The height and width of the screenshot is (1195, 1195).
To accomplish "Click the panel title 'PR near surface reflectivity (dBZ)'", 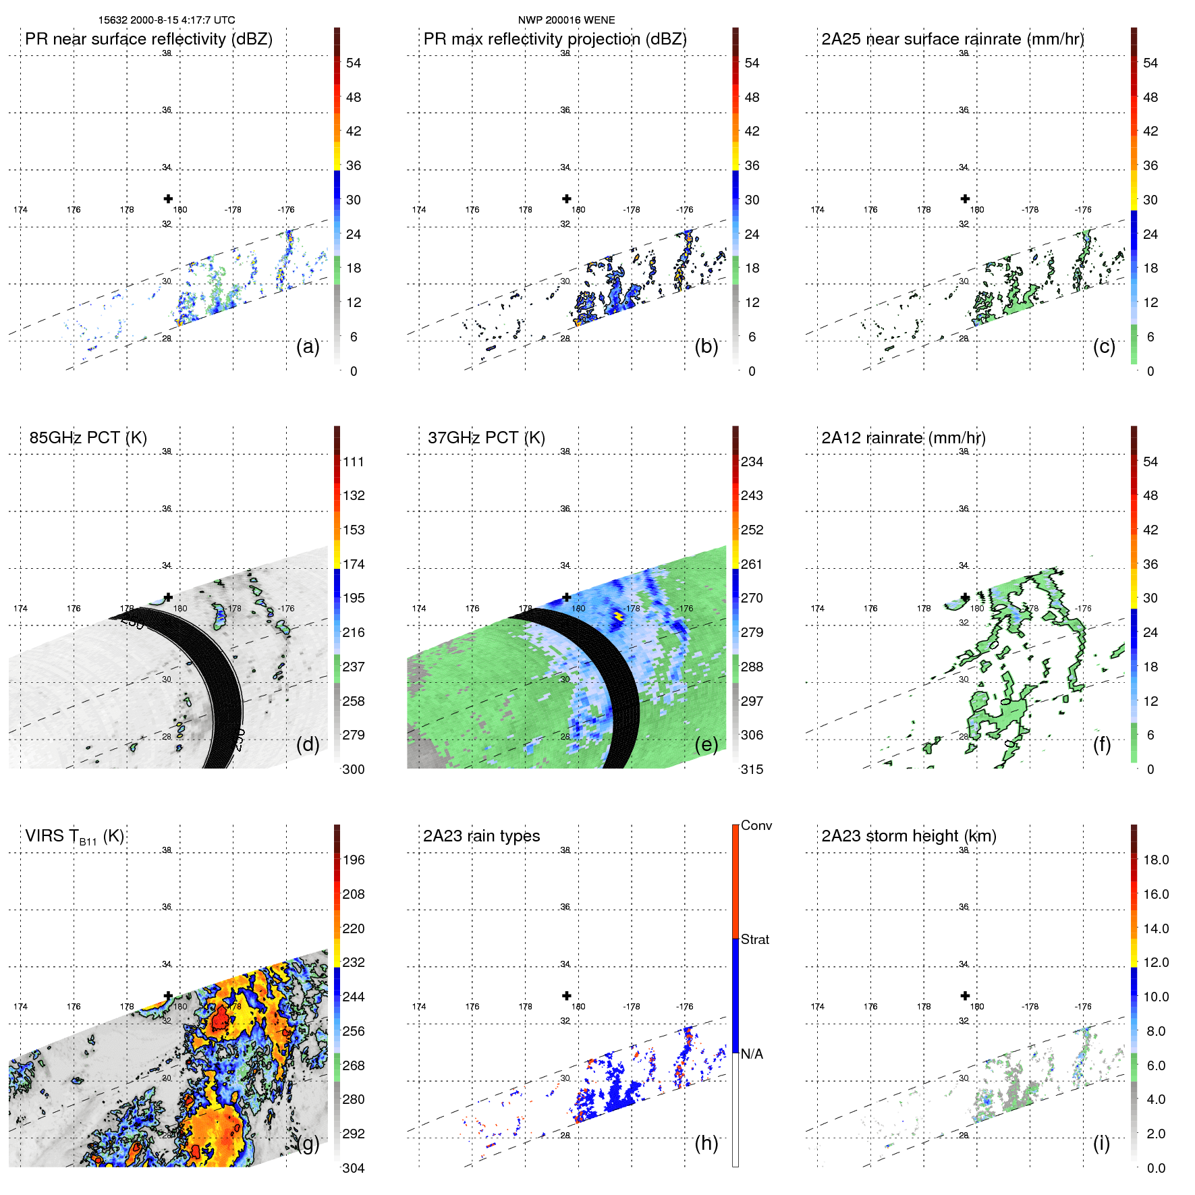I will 148,39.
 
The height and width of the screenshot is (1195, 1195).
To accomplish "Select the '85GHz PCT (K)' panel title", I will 88,438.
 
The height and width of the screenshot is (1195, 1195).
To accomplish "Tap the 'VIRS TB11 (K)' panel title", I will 74,837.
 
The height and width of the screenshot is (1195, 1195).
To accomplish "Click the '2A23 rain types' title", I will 481,836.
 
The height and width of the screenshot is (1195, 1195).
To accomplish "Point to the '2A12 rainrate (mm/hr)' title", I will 903,438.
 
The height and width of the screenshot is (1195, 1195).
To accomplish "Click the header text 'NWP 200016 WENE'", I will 566,20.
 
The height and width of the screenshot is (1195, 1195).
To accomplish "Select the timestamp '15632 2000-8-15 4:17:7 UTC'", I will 167,20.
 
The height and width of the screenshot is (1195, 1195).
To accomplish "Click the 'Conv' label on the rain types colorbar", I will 756,825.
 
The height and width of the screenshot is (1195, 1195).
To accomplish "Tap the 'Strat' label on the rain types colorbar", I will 754,939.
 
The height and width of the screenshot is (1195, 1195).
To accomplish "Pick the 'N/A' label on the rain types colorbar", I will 752,1054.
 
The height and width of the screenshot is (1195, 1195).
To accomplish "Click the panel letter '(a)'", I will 308,347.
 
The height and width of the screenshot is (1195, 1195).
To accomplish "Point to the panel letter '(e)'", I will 706,744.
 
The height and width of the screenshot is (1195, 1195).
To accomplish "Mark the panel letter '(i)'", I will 1101,1143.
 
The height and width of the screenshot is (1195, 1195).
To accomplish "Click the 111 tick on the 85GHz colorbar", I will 354,462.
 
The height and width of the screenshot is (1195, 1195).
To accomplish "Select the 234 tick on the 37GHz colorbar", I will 752,462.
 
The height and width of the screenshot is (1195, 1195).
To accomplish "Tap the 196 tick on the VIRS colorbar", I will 354,860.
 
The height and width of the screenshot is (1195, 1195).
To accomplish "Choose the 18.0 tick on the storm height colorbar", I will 1155,860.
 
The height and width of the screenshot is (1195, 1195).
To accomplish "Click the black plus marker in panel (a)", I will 168,198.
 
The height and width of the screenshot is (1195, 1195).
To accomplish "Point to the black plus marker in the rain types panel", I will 567,995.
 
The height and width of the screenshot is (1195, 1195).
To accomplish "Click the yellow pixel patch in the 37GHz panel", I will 618,615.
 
